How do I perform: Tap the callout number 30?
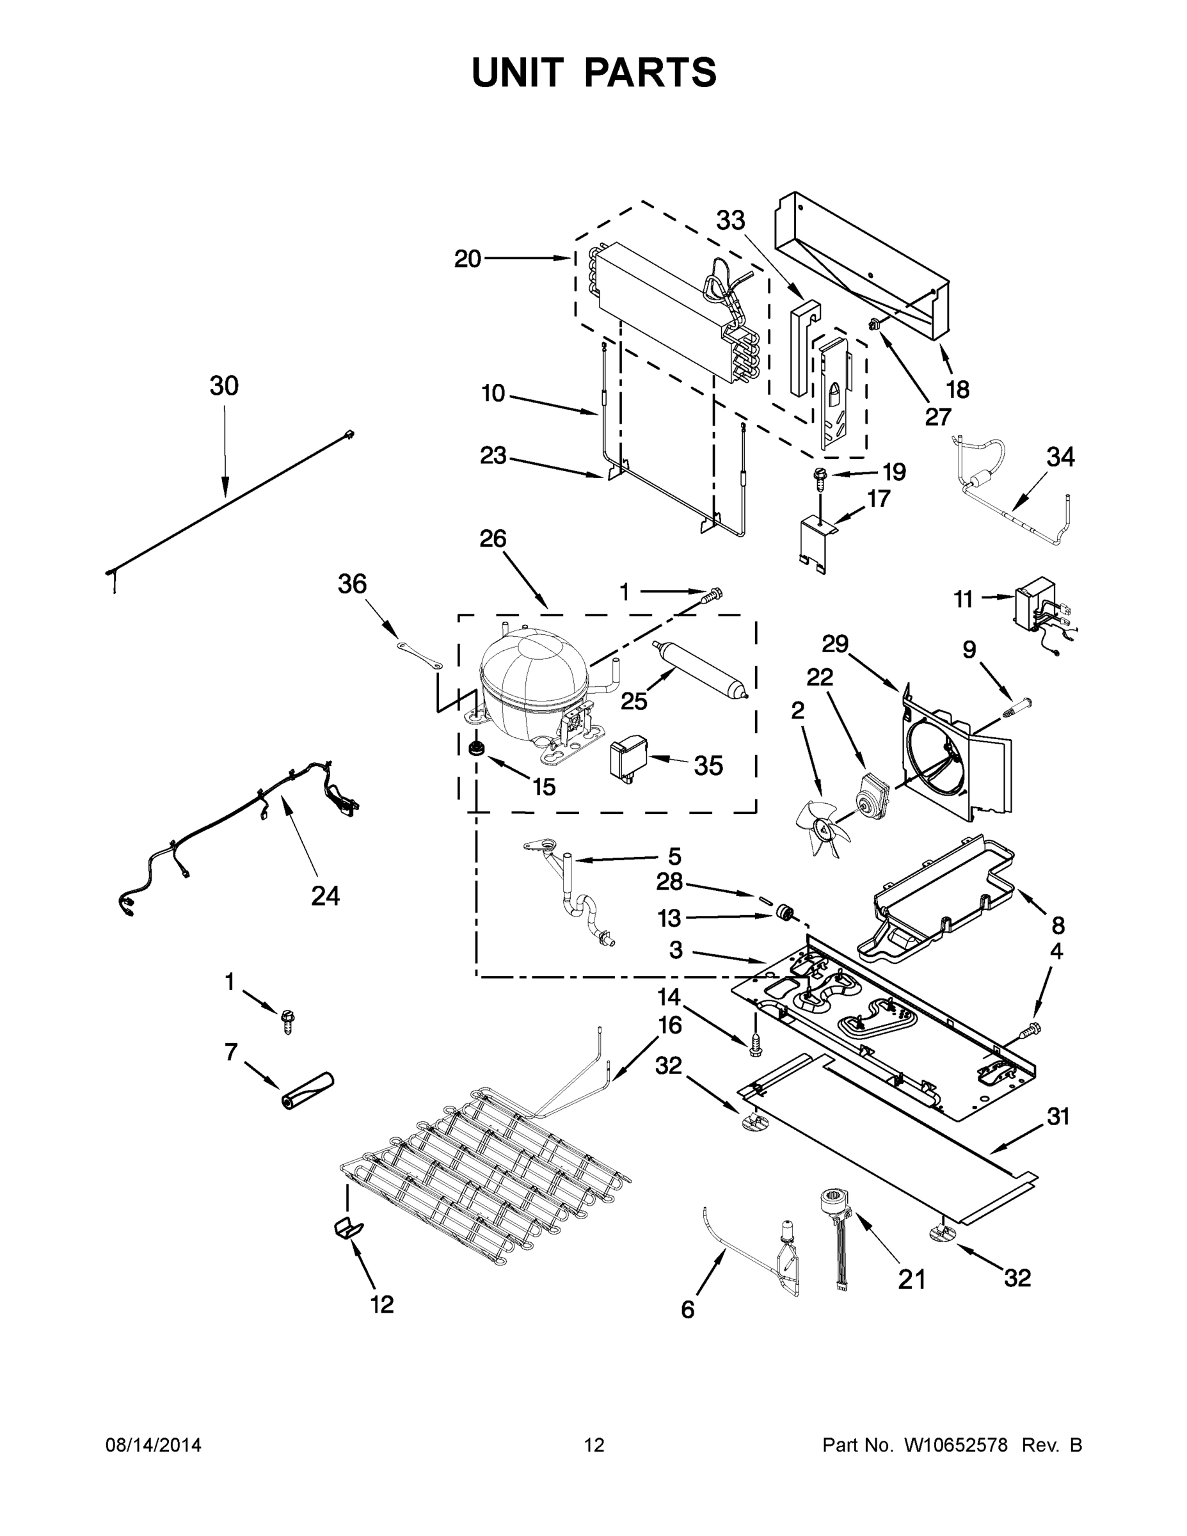[225, 386]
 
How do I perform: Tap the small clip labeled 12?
[347, 1228]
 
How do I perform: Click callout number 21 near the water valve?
[912, 1279]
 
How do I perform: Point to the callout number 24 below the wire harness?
[325, 896]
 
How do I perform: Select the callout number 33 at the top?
[731, 221]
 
